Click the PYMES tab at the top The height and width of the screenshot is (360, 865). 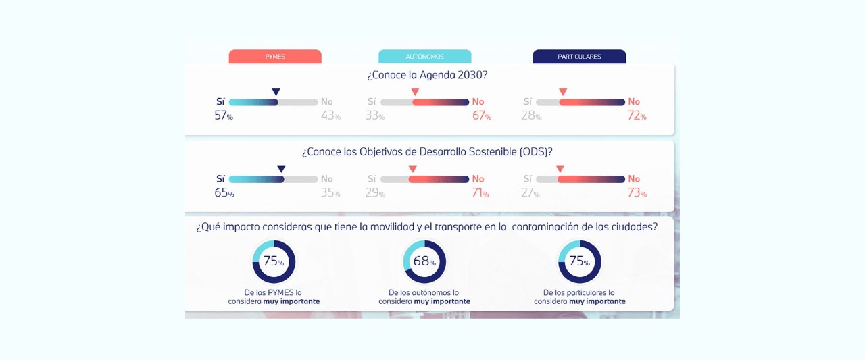pyautogui.click(x=275, y=57)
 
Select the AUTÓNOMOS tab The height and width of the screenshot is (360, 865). pyautogui.click(x=424, y=57)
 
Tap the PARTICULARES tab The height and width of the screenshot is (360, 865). pyautogui.click(x=579, y=57)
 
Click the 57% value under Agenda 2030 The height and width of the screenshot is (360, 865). pyautogui.click(x=224, y=115)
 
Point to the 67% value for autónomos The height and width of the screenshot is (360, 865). pyautogui.click(x=482, y=115)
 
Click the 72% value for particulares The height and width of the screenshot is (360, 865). pyautogui.click(x=637, y=115)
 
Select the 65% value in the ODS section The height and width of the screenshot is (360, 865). pyautogui.click(x=224, y=192)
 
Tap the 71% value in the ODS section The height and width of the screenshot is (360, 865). pyautogui.click(x=480, y=192)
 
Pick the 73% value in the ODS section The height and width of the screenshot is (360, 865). pyautogui.click(x=637, y=192)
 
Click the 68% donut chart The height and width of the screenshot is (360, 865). pyautogui.click(x=424, y=261)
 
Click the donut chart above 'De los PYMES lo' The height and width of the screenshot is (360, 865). pyautogui.click(x=274, y=261)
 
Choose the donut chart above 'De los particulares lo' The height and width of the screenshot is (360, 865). pyautogui.click(x=579, y=261)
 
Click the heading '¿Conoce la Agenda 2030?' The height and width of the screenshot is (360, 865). pyautogui.click(x=427, y=75)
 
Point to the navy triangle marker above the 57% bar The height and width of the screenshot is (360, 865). pyautogui.click(x=276, y=93)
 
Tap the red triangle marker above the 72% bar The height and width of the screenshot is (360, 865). pyautogui.click(x=563, y=93)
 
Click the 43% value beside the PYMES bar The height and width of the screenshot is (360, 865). pyautogui.click(x=330, y=115)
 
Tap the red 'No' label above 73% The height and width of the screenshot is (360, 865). pyautogui.click(x=634, y=179)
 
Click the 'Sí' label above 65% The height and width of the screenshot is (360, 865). pyautogui.click(x=220, y=179)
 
